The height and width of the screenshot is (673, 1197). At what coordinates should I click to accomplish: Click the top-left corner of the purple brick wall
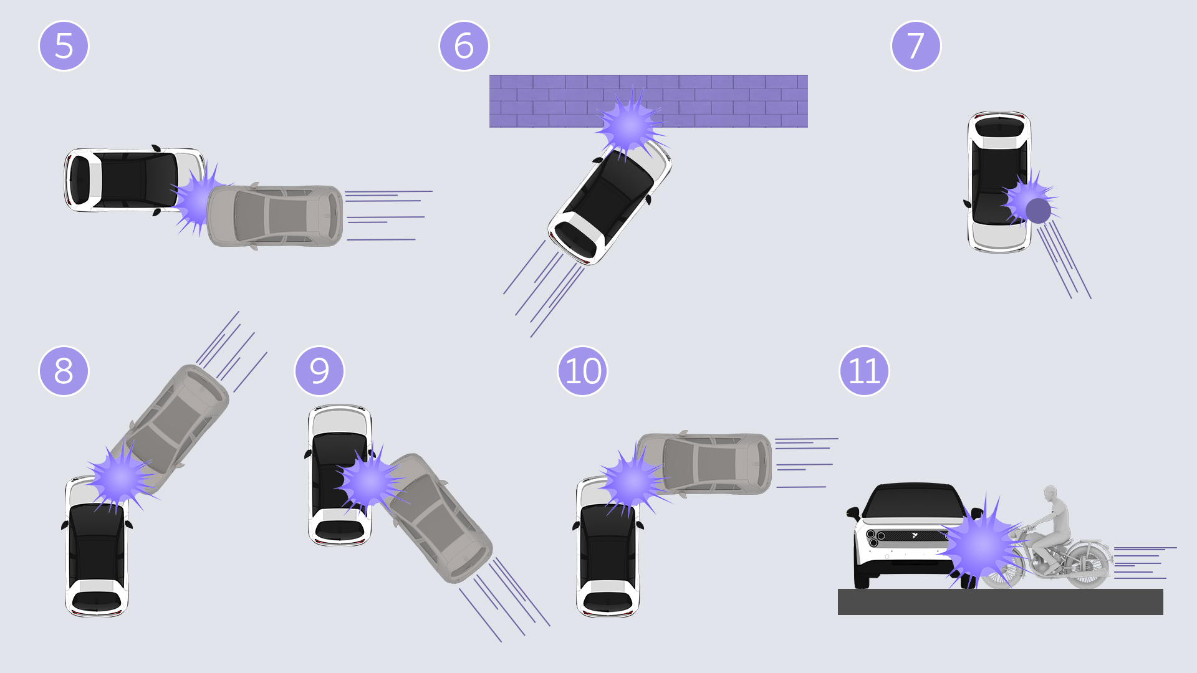[x=489, y=75]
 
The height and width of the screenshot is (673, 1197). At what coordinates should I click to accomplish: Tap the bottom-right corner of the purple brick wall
[x=808, y=128]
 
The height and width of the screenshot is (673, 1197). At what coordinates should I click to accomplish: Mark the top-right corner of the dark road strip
[x=1163, y=589]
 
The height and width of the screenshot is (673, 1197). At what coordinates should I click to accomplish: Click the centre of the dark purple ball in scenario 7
[x=1038, y=211]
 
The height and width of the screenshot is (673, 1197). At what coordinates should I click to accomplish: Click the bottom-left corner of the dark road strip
[x=838, y=615]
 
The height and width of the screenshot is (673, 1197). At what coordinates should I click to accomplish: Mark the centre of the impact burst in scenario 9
[x=370, y=482]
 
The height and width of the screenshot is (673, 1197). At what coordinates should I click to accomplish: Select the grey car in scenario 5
[x=275, y=216]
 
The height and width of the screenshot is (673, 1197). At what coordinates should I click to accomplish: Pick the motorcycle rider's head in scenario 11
[x=1051, y=494]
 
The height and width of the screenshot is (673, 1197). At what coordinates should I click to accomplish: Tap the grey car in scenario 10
[x=704, y=464]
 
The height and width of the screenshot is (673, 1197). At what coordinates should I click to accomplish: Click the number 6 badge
[x=464, y=46]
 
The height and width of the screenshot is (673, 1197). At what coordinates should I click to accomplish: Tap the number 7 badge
[x=916, y=46]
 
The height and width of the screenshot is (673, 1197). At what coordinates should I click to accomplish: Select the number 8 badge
[x=64, y=371]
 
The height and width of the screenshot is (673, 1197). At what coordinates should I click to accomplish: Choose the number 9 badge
[x=319, y=371]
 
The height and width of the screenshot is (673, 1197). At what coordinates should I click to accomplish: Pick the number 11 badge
[x=864, y=371]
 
